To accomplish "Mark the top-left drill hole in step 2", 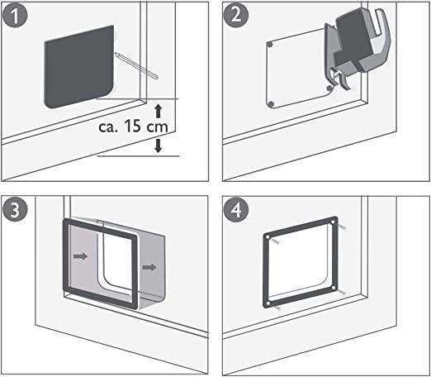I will tap(270, 44).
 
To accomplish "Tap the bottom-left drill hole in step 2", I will tap(271, 102).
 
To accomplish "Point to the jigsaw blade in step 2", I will tap(335, 84).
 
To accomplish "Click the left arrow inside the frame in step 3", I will tap(80, 257).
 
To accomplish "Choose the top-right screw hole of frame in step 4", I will tap(333, 222).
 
